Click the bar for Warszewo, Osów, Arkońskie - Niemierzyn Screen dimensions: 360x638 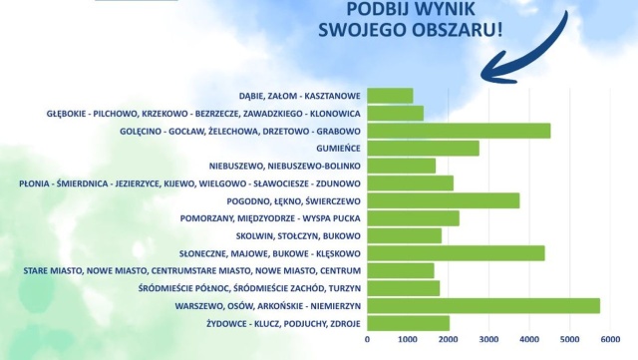point(483,305)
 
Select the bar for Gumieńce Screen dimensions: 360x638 point(423,149)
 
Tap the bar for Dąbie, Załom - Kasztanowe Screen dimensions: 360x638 point(390,96)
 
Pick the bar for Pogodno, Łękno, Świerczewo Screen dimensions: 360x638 point(444,200)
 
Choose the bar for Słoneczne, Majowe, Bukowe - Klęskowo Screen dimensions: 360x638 point(456,253)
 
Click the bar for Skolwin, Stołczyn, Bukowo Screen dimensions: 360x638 point(404,235)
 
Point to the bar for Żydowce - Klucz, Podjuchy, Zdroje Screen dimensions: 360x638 point(408,323)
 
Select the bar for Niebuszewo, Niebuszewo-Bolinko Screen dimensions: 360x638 point(401,166)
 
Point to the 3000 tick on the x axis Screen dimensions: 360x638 point(488,339)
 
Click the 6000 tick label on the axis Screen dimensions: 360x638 point(610,339)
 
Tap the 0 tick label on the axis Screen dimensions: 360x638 point(368,339)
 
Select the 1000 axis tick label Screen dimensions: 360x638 point(408,339)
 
